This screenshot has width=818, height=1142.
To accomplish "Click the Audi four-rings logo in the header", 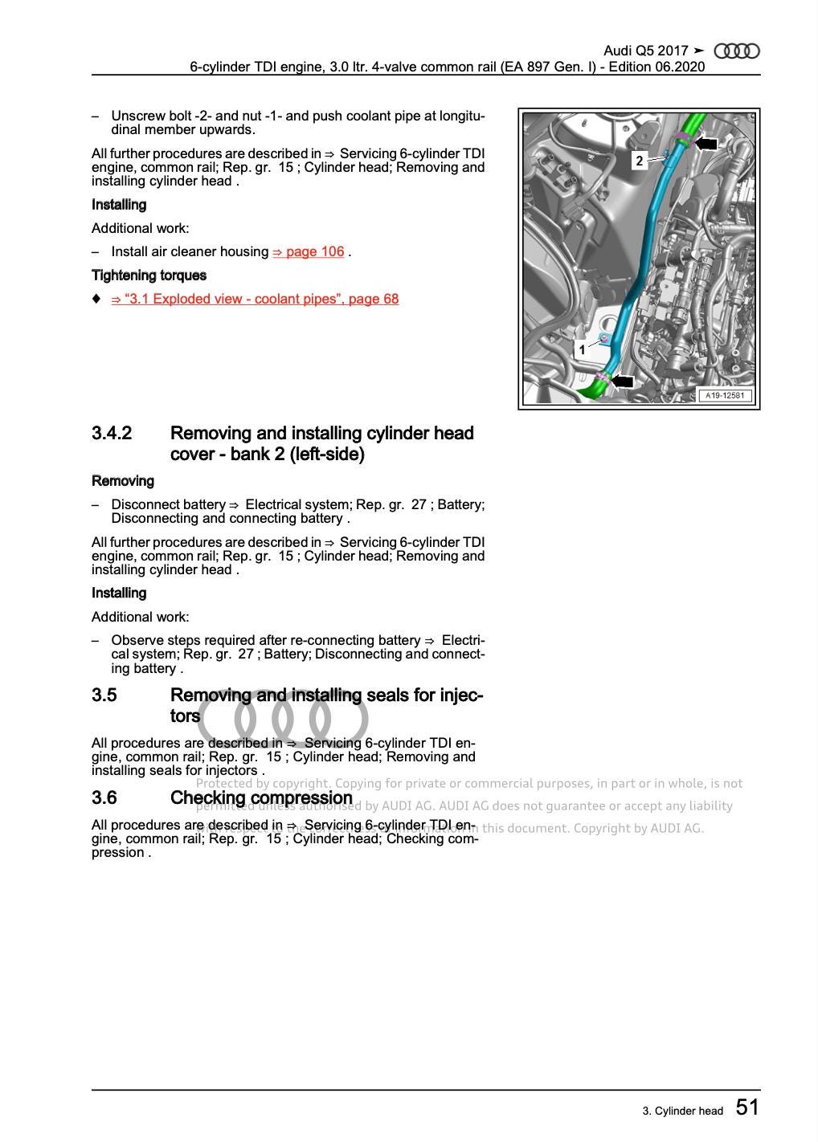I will coord(736,51).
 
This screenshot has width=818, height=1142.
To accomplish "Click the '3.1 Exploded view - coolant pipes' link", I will coord(255,300).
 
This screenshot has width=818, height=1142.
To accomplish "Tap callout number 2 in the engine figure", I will coord(639,161).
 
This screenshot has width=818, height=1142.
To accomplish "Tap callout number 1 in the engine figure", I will coord(582,350).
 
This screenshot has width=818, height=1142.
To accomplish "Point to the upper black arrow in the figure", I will coord(706,144).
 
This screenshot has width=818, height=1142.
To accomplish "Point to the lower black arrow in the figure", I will coord(622,381).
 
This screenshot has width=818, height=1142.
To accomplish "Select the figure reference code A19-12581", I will coord(725,395).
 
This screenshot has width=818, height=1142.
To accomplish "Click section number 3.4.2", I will coord(112,434).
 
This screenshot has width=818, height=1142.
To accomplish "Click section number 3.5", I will coord(104,695).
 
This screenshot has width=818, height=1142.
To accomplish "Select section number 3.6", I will coord(104,798).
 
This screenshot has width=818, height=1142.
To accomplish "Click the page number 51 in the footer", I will coord(746,1108).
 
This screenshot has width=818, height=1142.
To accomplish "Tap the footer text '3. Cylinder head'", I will coord(682,1111).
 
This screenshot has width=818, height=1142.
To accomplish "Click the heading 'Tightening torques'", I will coord(149,275).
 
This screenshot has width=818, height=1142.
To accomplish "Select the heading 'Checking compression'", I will coord(261,798).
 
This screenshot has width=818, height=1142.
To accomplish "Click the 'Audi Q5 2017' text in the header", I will coord(645,51).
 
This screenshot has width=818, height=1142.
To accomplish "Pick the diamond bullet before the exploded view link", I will coord(96,299).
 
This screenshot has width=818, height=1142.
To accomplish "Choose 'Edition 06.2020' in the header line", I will coord(656,67).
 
